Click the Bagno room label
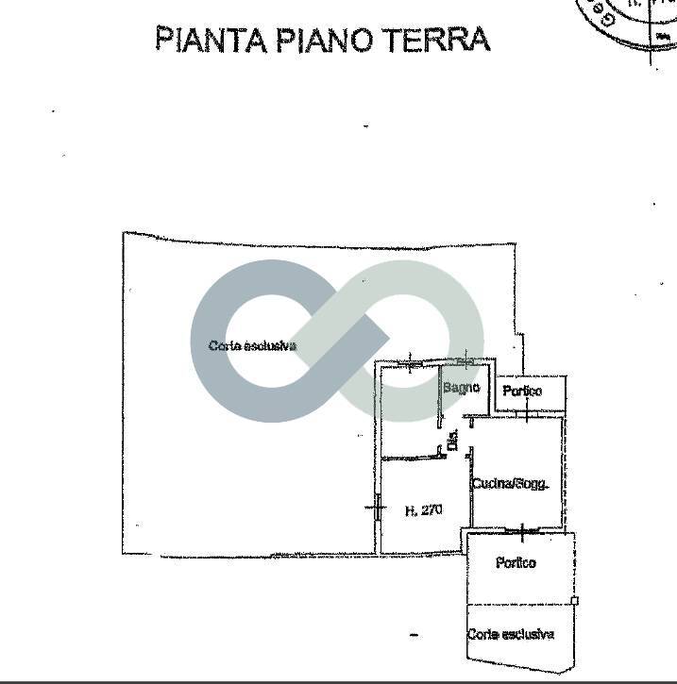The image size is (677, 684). click(461, 388)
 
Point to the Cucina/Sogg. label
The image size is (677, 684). click(510, 484)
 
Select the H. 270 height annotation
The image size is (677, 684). click(423, 510)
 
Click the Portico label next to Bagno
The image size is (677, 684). click(521, 391)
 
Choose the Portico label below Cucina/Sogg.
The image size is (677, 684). click(516, 563)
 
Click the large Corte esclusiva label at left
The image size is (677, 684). click(252, 346)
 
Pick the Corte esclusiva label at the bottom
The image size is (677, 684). click(510, 635)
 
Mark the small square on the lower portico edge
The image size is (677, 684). click(575, 600)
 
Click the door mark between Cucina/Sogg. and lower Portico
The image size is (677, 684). click(522, 529)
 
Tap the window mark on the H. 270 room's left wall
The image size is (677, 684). click(377, 509)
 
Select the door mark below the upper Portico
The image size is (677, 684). click(528, 415)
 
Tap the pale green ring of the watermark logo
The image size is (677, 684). click(453, 311)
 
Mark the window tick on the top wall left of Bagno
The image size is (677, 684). click(409, 361)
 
